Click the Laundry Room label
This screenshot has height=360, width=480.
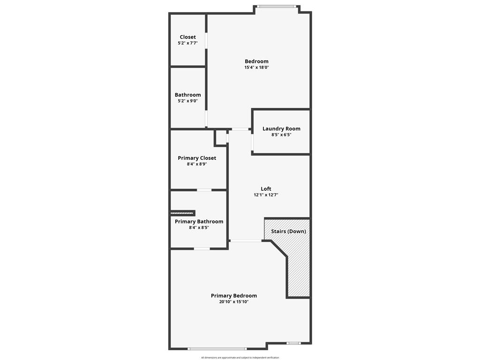[281, 128]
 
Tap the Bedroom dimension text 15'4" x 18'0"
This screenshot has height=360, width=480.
[256, 67]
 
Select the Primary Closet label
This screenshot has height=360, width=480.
[197, 158]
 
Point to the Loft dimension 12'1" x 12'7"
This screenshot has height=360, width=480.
[266, 195]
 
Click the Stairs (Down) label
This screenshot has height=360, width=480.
[288, 231]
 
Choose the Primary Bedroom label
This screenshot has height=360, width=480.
[234, 296]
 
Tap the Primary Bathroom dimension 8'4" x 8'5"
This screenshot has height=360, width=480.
[199, 227]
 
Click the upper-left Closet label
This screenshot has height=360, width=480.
[187, 37]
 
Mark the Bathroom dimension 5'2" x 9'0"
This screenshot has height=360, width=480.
[187, 101]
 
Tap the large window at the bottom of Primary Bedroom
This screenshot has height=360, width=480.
[217, 349]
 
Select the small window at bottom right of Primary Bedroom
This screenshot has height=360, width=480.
[294, 343]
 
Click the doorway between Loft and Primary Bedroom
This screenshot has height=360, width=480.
[246, 241]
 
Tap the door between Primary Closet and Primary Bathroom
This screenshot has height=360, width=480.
[204, 190]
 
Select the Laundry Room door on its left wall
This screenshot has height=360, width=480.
[252, 141]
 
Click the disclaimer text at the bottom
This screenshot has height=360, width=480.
[240, 358]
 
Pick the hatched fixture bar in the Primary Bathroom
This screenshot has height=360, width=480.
[182, 213]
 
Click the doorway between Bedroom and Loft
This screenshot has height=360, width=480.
[240, 129]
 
